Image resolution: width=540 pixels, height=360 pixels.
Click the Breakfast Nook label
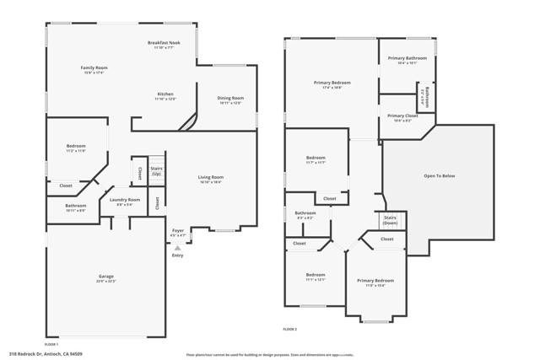coord(164,43)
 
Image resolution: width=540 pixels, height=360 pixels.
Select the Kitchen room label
coord(165,94)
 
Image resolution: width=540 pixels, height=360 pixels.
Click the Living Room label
coord(210,177)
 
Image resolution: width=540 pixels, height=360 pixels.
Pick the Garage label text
coord(106,277)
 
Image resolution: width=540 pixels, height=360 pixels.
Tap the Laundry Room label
coord(125,200)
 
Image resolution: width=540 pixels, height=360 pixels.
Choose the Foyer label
coord(178,230)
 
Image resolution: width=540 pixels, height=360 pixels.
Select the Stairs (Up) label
coord(156,170)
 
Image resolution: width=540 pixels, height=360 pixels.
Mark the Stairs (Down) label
coord(390,220)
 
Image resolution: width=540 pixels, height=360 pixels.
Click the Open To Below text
coord(439,175)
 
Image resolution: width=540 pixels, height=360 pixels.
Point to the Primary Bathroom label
coord(407,58)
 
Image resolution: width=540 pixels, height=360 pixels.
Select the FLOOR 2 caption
coord(289,329)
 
